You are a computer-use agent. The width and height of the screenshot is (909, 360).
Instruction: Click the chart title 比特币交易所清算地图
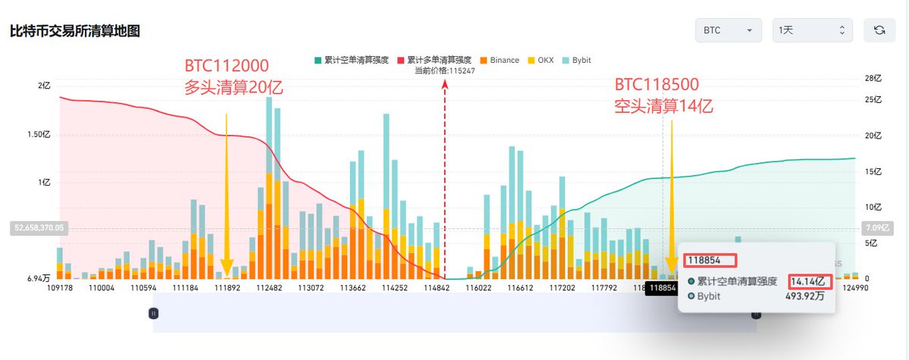[74, 31]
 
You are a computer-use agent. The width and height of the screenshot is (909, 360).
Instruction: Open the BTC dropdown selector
[728, 30]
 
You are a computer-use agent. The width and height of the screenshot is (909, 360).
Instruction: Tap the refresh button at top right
[879, 30]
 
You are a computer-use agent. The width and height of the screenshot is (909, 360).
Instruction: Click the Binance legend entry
[500, 59]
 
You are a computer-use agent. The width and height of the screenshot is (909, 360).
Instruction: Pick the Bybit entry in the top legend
[578, 59]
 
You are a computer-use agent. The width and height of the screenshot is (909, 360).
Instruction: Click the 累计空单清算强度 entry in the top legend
[353, 59]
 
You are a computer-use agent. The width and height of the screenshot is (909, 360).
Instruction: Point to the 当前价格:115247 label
[444, 70]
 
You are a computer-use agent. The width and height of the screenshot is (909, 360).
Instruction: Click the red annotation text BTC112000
[227, 65]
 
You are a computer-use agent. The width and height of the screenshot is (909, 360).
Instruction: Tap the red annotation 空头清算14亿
[663, 105]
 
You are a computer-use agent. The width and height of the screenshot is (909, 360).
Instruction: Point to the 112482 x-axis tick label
[269, 288]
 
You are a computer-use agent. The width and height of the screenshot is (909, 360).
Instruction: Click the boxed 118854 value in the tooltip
[710, 261]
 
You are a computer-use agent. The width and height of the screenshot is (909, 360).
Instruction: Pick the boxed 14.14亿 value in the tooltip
[810, 281]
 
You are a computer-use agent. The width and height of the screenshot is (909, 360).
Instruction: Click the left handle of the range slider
[153, 312]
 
